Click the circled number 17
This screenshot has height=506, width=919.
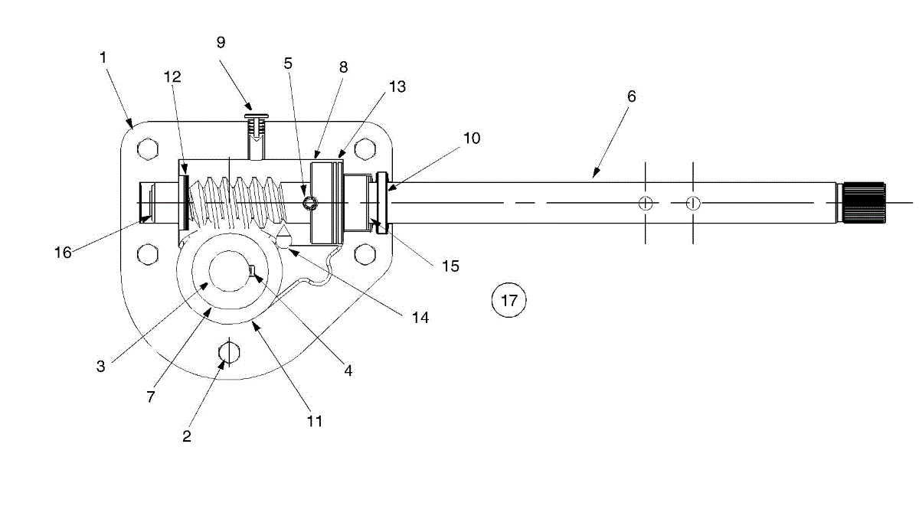tap(509, 300)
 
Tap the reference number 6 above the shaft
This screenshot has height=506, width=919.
tap(632, 96)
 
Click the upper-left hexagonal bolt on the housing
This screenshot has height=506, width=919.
tap(148, 149)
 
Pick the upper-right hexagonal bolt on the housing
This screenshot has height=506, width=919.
tap(365, 149)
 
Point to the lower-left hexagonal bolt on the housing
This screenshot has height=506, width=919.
tap(148, 254)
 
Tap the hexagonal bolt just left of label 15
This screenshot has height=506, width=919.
tap(365, 254)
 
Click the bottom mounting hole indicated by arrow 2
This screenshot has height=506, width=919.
tap(229, 352)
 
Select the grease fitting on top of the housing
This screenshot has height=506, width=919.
tap(257, 136)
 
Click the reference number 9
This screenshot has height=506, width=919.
tap(221, 42)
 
